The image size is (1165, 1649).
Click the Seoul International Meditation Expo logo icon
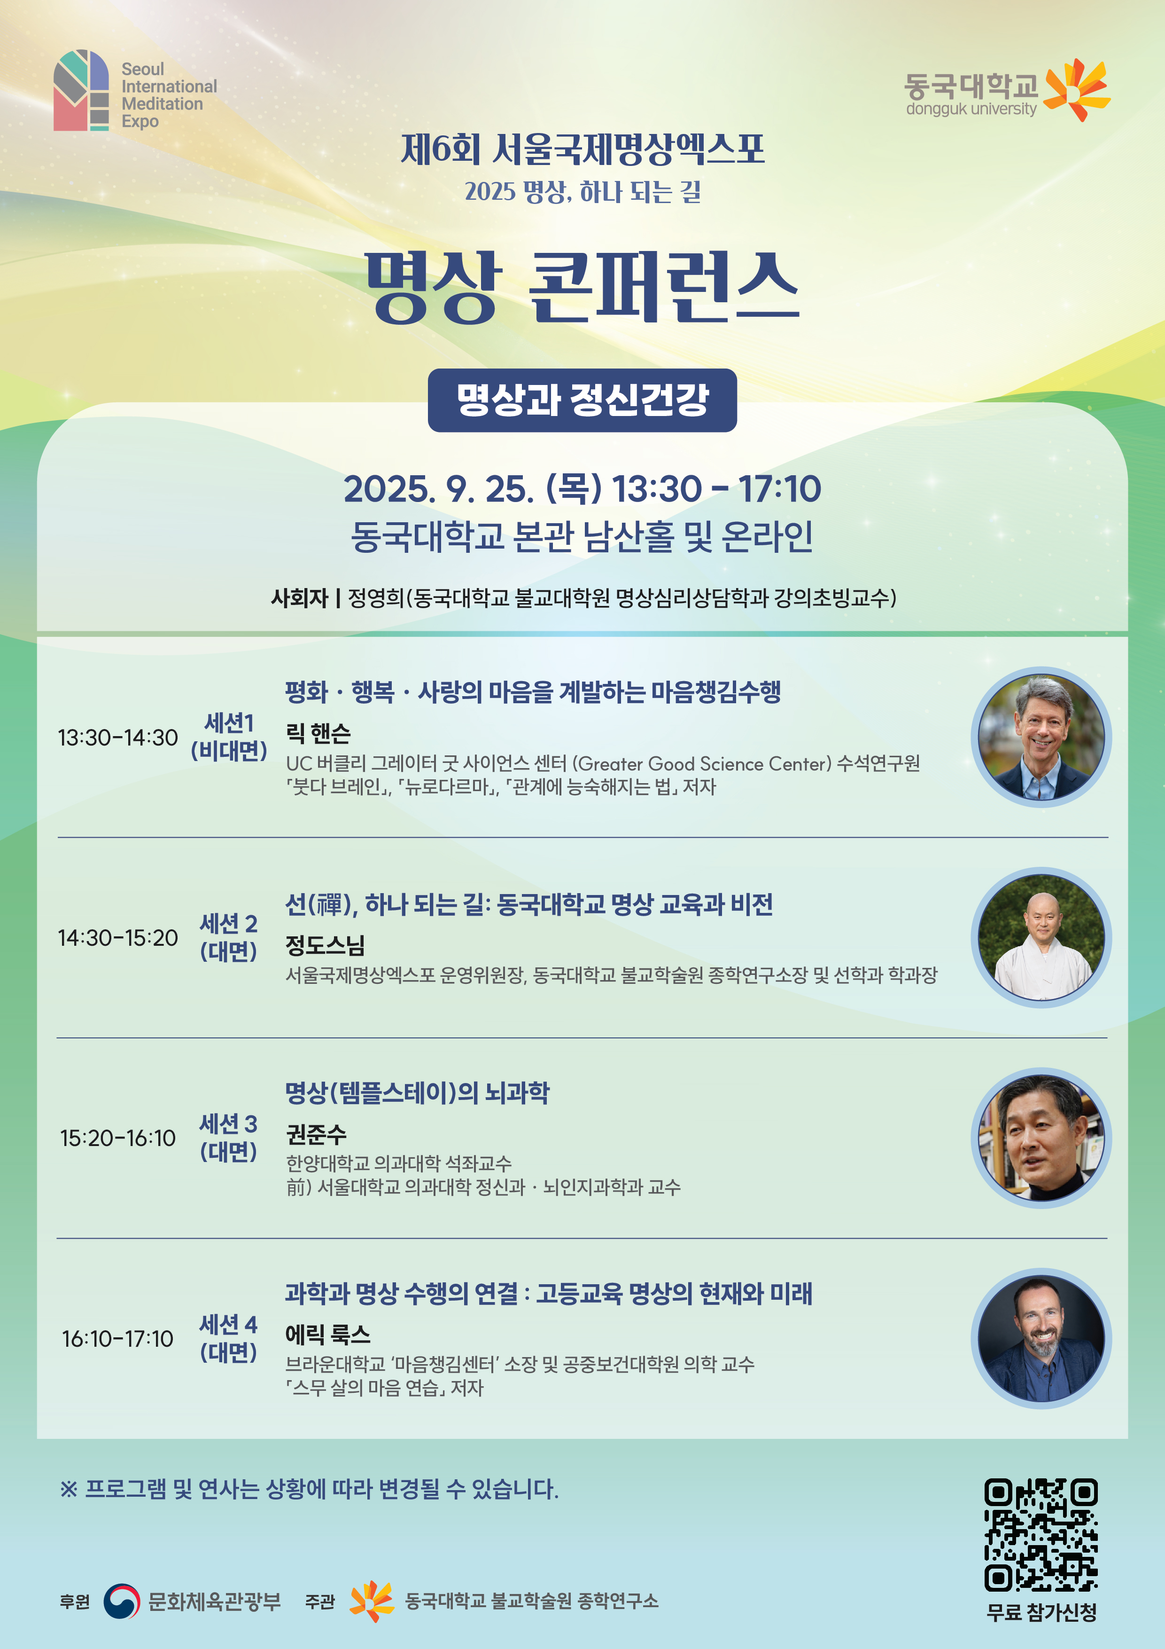pos(81,91)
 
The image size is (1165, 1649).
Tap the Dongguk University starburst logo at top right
pos(1077,90)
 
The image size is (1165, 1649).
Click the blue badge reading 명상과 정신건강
pos(582,400)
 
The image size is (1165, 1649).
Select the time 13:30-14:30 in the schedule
pos(118,738)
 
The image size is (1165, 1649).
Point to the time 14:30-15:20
pos(118,938)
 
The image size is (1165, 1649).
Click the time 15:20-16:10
pos(118,1139)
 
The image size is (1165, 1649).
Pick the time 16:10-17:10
pos(118,1339)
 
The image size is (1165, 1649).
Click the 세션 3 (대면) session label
pos(228,1138)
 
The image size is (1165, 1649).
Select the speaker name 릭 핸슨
pos(318,733)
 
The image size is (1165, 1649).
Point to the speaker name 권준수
pos(316,1134)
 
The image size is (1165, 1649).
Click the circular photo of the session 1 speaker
pos(1041,738)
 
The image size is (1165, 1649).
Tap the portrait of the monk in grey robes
pos(1041,938)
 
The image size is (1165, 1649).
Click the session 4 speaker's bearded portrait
pos(1041,1339)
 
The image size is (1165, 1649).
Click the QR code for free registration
pos(1041,1535)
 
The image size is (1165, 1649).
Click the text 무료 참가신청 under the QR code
pos(1041,1612)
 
